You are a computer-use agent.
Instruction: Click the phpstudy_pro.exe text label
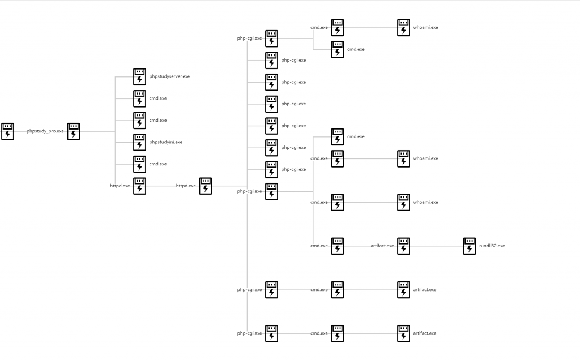(x=45, y=131)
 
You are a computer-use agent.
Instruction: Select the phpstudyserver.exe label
(x=169, y=76)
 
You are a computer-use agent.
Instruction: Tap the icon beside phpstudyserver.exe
(x=139, y=76)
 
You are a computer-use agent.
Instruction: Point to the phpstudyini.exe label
(x=166, y=142)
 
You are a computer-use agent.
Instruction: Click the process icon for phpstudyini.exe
(x=139, y=142)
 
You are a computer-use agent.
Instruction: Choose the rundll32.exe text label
(x=492, y=246)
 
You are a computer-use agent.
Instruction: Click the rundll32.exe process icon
(x=470, y=246)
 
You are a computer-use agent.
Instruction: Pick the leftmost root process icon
(x=7, y=131)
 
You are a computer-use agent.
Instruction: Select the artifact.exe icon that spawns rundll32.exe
(x=403, y=246)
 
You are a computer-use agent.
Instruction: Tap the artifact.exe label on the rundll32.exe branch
(x=382, y=246)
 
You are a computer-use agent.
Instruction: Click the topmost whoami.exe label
(x=425, y=27)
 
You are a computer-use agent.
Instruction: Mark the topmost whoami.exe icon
(x=403, y=27)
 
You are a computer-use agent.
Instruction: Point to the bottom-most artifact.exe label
(x=425, y=333)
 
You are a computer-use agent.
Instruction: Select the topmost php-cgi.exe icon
(x=272, y=38)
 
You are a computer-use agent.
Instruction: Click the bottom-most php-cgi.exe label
(x=249, y=333)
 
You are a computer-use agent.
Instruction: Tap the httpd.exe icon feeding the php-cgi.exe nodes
(x=206, y=186)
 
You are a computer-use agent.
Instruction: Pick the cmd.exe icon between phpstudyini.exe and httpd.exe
(x=139, y=164)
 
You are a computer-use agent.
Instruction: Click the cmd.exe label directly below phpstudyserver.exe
(x=158, y=98)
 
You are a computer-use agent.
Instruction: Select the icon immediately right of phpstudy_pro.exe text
(x=74, y=131)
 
